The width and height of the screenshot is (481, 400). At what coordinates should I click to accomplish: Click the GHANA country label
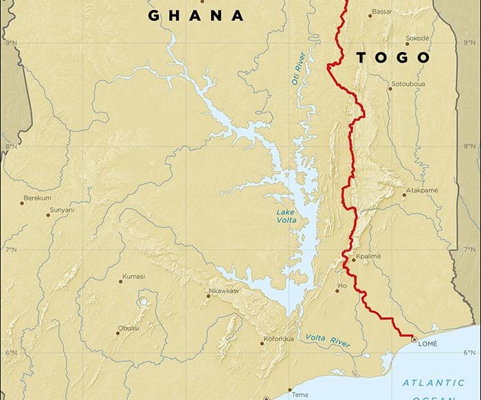tap(197, 16)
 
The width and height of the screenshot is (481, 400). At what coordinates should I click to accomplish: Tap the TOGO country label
tap(393, 58)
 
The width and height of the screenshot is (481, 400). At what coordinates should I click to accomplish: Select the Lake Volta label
tap(287, 216)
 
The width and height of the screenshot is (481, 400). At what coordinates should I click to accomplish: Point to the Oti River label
tap(300, 69)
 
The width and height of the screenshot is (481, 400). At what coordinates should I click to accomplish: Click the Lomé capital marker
tap(414, 339)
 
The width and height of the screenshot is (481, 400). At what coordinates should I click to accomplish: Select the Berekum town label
tap(37, 198)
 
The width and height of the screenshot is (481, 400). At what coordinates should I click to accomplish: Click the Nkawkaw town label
tap(224, 291)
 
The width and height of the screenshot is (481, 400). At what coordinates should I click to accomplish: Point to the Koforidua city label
tap(278, 339)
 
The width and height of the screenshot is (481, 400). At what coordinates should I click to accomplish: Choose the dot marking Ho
tap(337, 290)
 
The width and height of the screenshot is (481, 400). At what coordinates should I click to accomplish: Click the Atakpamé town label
tap(422, 190)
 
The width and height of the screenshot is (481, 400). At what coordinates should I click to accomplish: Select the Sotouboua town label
tap(408, 85)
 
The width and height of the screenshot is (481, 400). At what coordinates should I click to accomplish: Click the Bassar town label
tap(381, 11)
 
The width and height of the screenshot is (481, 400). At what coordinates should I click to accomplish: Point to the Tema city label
tap(300, 395)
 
